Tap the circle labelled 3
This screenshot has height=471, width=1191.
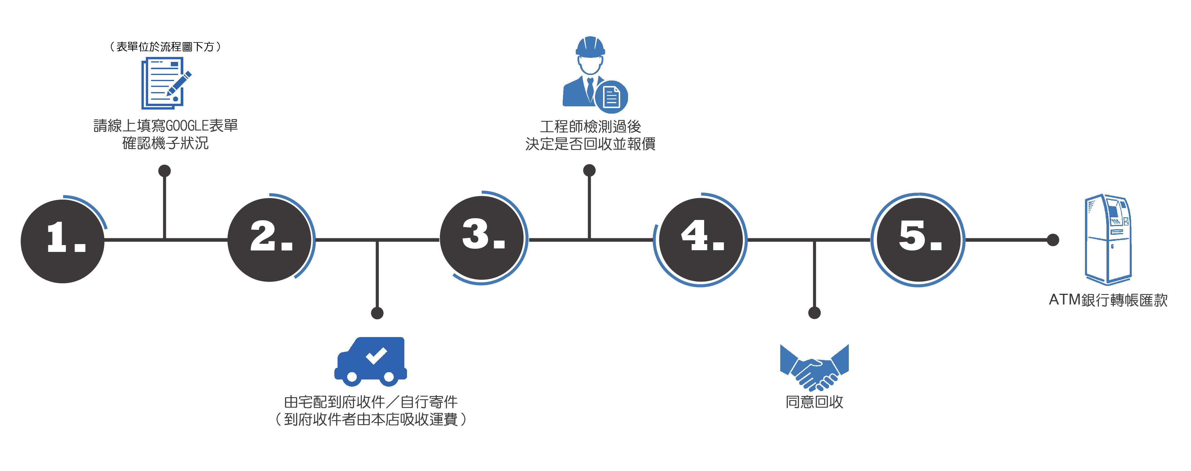tap(482, 238)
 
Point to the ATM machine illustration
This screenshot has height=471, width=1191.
tap(1108, 239)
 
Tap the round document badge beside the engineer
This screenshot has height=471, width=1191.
tap(611, 97)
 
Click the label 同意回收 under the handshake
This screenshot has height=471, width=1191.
tap(814, 402)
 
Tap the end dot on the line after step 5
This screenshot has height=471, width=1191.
tap(1053, 240)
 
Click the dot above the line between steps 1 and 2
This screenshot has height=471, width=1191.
tap(165, 171)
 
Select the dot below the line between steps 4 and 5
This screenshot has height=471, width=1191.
tap(814, 313)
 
